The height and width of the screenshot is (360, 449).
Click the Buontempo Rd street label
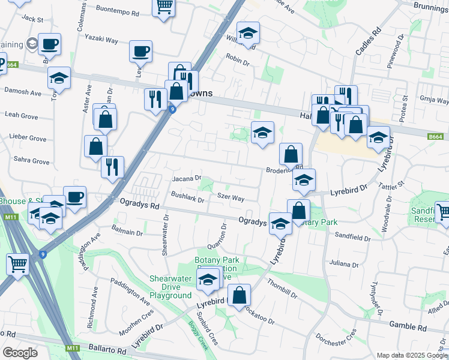[118, 12]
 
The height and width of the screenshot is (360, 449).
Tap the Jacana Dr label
[187, 178]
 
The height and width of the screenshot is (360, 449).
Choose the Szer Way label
[231, 197]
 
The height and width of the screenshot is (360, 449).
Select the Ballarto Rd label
[106, 350]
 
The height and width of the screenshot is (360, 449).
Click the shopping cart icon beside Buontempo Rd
[164, 7]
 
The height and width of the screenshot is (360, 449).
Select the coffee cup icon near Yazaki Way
[140, 51]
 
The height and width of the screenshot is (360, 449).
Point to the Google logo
[20, 352]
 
